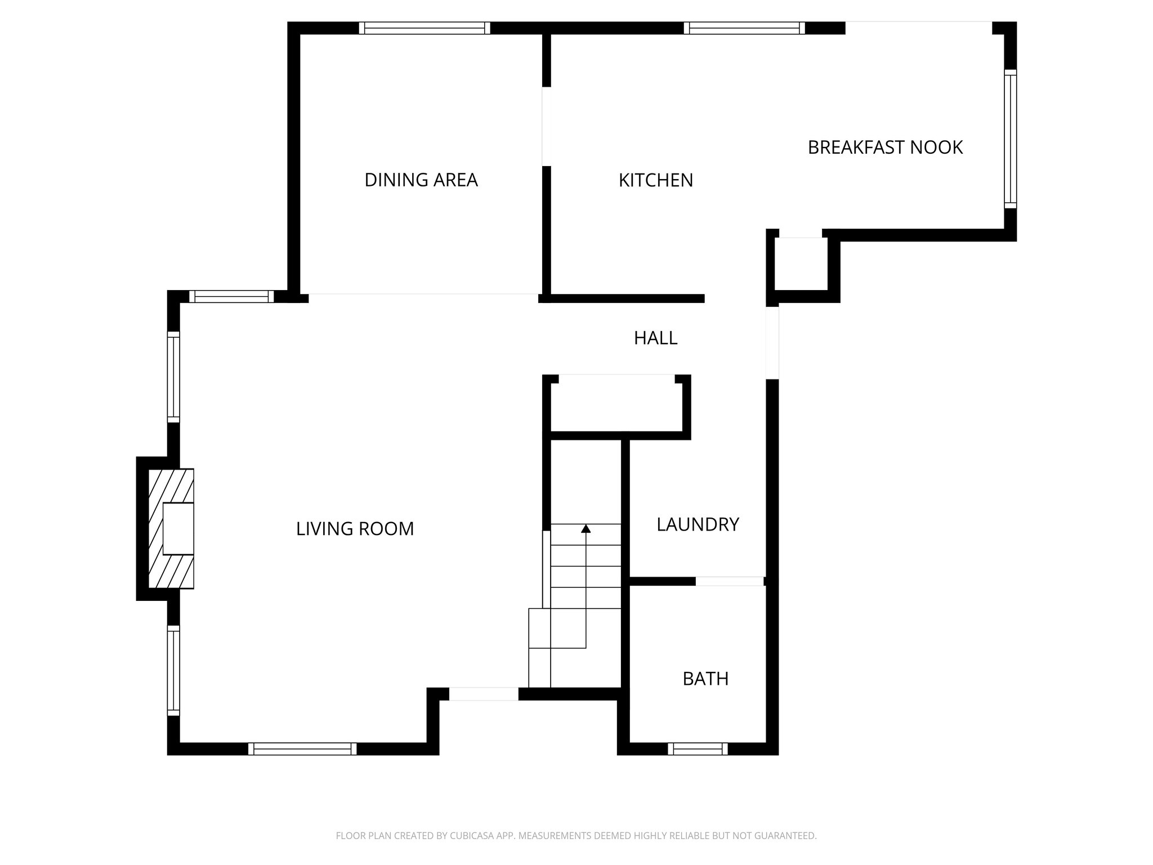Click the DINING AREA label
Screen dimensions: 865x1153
[421, 180]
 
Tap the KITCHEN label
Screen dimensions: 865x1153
[655, 180]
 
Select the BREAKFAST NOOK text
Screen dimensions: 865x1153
[885, 148]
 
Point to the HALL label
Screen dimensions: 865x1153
[655, 338]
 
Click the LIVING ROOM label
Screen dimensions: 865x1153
[355, 529]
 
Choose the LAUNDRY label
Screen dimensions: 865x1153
[698, 524]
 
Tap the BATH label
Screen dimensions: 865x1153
[705, 679]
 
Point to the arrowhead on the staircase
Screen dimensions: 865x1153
[586, 528]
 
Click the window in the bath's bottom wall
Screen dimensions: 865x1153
[698, 748]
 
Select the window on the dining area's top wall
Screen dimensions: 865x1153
[424, 28]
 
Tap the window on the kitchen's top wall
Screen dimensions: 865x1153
[744, 28]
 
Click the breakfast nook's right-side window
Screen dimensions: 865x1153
[1011, 139]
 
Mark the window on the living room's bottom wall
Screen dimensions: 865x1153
[302, 748]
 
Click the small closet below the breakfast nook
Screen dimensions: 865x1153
[801, 265]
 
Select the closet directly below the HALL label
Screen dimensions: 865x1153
[616, 407]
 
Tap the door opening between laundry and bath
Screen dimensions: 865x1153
[730, 581]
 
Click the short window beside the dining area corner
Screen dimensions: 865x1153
[231, 296]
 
